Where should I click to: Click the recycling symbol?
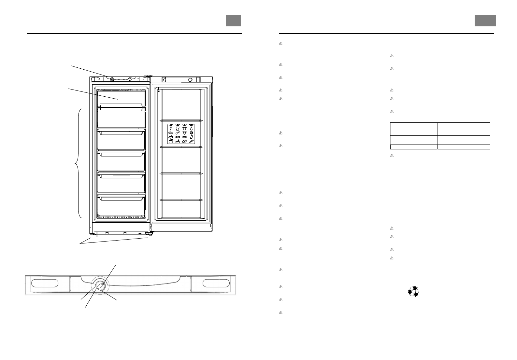pyautogui.click(x=413, y=292)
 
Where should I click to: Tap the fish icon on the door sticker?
pyautogui.click(x=171, y=132)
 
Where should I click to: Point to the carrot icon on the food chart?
pyautogui.click(x=192, y=141)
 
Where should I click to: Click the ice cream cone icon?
pyautogui.click(x=171, y=128)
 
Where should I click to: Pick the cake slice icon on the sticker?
pyautogui.click(x=178, y=141)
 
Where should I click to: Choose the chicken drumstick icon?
pyautogui.click(x=178, y=132)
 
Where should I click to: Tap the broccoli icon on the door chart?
pyautogui.click(x=192, y=132)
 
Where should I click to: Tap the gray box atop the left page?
pyautogui.click(x=234, y=21)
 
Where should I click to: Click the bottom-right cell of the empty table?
pyautogui.click(x=463, y=147)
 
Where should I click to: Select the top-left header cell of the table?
pyautogui.click(x=413, y=127)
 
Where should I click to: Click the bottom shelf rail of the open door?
pyautogui.click(x=181, y=200)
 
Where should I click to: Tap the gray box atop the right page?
pyautogui.click(x=485, y=21)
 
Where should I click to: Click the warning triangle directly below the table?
pyautogui.click(x=392, y=156)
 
